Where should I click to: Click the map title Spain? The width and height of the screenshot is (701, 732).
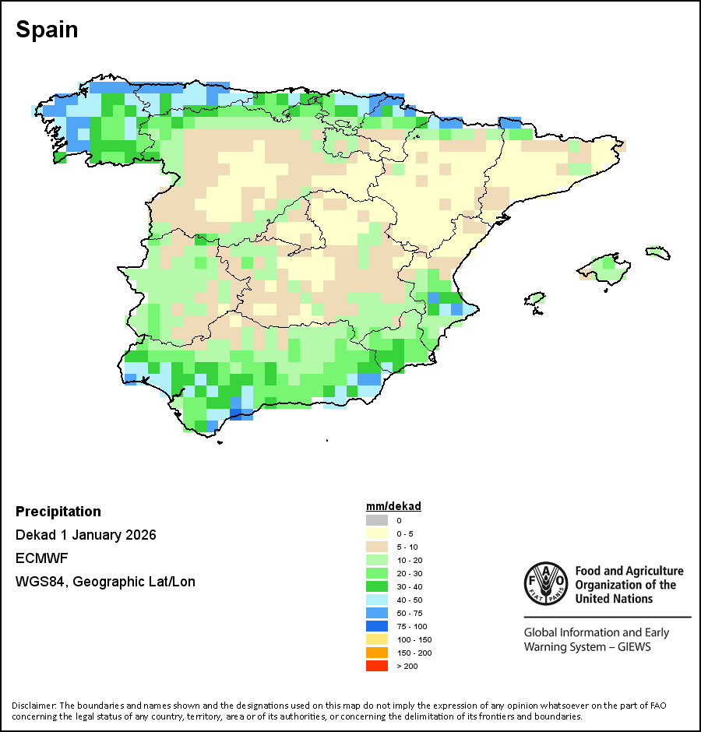point(47,30)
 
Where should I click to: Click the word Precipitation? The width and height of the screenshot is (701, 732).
point(58,512)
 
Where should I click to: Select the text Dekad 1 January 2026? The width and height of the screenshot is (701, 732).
point(86,535)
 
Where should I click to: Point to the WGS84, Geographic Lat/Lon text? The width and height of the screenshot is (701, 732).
point(105,582)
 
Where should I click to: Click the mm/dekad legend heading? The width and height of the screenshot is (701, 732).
point(393,506)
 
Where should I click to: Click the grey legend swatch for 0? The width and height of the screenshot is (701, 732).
point(376,520)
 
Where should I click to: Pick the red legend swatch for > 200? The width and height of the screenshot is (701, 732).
point(376,666)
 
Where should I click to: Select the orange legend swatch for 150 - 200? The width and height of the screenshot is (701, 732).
point(376,653)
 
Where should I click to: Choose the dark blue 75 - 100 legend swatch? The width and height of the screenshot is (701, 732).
point(376,626)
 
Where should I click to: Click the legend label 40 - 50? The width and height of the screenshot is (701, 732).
point(410,600)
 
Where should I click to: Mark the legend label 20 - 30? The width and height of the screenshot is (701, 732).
point(410,573)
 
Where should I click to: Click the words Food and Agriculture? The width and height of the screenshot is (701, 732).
point(629,572)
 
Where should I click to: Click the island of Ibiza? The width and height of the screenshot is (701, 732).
point(534,298)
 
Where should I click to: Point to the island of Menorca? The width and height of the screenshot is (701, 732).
point(657,252)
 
